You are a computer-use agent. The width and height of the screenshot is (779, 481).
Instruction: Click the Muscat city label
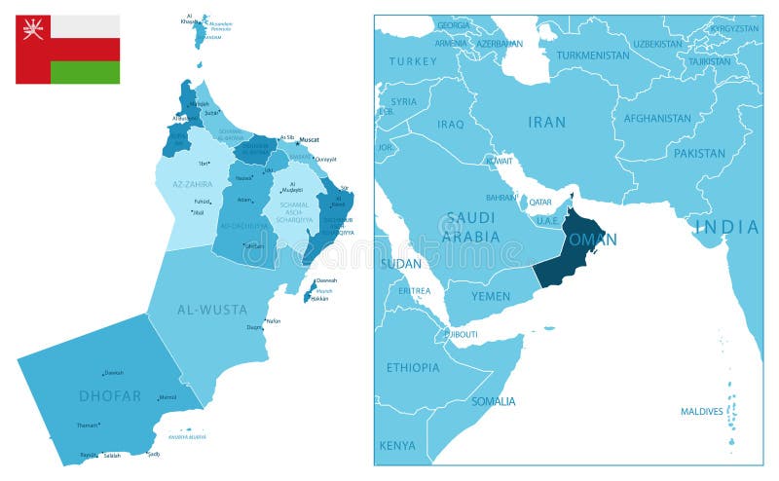pos(309,139)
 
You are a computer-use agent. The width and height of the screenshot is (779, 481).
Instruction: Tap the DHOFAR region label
pos(110,395)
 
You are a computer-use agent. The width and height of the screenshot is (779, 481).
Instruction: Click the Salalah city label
pos(114,456)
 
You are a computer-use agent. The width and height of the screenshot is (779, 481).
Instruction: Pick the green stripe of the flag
pos(85,72)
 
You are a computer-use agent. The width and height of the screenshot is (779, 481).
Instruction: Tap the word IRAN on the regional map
pos(546,122)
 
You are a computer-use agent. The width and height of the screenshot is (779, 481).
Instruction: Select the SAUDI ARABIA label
pos(471,226)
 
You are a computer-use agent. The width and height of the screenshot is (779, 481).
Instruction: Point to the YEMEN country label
pos(491,295)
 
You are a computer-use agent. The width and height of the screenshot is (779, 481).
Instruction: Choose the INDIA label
pos(726,227)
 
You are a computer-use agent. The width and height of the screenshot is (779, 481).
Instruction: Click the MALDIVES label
pos(701,411)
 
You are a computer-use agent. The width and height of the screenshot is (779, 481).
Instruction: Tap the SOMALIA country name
pos(494,401)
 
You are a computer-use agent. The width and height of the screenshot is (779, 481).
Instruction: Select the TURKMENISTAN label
pos(592,55)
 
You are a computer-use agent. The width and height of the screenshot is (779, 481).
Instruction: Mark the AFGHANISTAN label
pos(657,119)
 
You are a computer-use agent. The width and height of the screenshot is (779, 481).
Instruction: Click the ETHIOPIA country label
pos(412,367)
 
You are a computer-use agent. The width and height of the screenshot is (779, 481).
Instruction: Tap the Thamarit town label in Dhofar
pos(88,425)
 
